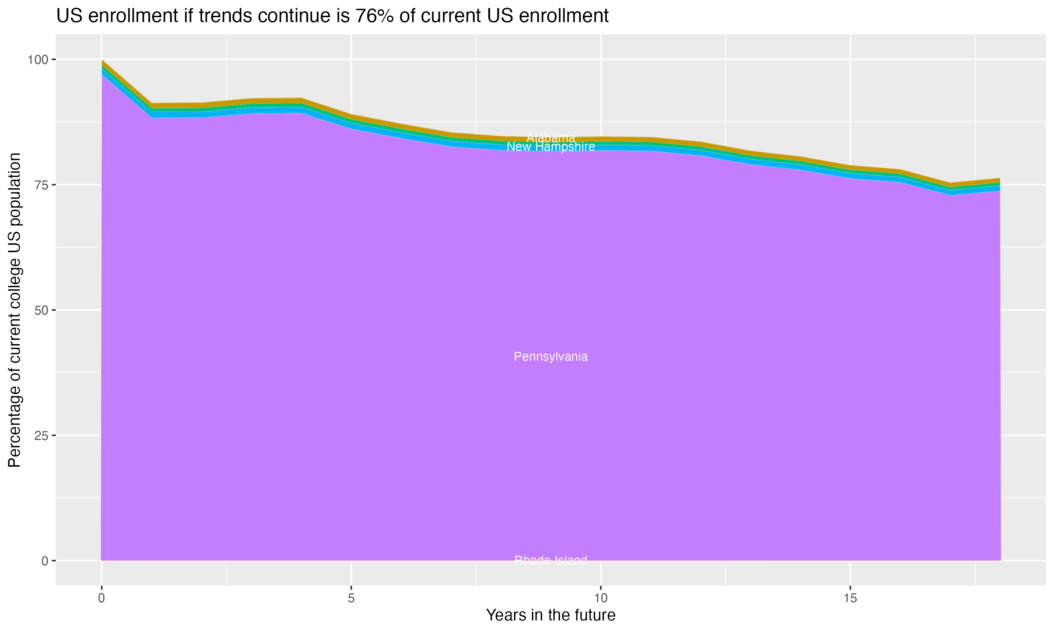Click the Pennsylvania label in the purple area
click(x=551, y=356)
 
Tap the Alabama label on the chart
click(x=551, y=138)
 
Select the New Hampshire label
click(x=551, y=147)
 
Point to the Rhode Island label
click(x=551, y=560)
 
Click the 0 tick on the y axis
click(x=45, y=561)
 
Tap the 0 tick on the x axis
click(x=102, y=598)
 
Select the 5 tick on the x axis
click(x=351, y=598)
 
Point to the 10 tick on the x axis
click(x=601, y=598)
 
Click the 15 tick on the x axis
click(x=850, y=598)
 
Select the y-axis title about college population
click(x=14, y=310)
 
